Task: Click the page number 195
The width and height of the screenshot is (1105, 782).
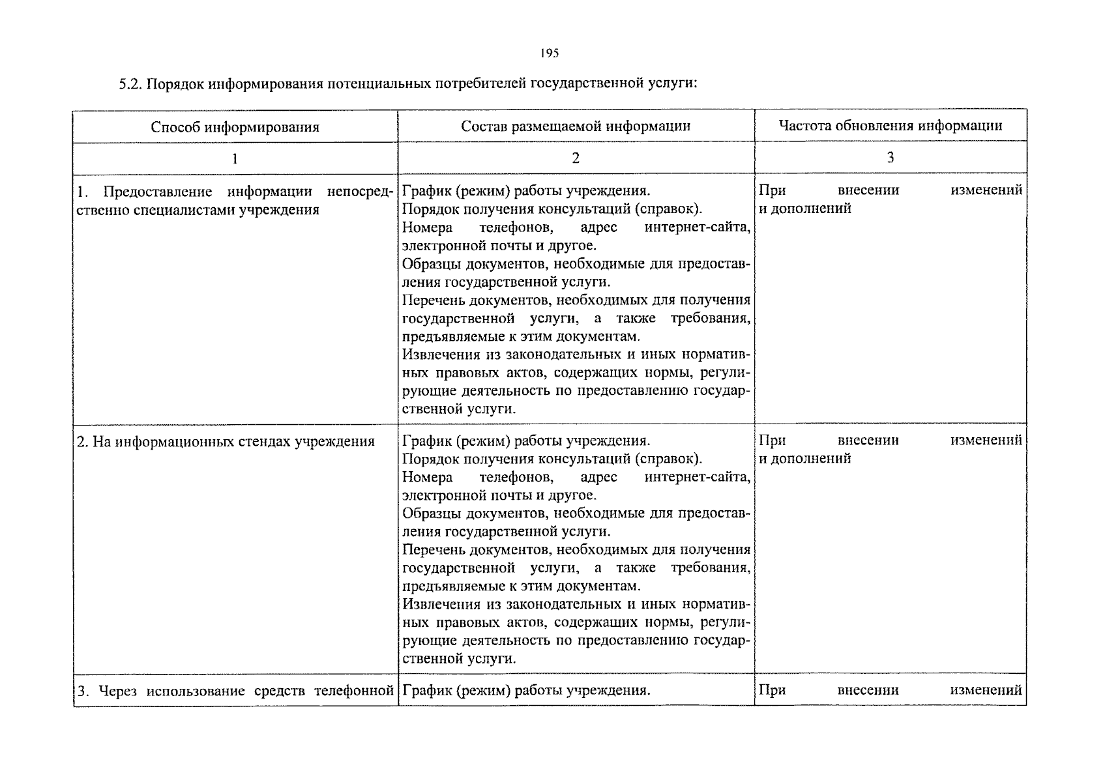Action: point(550,54)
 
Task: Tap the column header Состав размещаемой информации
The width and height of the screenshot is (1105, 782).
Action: point(576,126)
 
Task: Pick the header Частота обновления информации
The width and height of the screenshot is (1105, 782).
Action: point(890,125)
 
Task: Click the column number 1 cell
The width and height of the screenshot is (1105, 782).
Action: point(235,158)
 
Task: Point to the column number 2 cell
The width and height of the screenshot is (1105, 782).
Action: point(576,158)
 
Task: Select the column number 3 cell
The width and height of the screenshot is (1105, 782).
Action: point(890,157)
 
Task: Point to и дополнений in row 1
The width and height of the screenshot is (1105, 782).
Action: point(806,209)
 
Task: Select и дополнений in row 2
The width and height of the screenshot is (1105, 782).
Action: point(806,459)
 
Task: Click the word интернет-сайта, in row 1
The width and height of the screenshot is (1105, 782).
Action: point(697,227)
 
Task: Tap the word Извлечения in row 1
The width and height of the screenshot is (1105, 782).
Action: point(441,355)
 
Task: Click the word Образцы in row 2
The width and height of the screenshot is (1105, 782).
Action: point(430,514)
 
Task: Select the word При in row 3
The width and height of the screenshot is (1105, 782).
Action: point(773,690)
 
